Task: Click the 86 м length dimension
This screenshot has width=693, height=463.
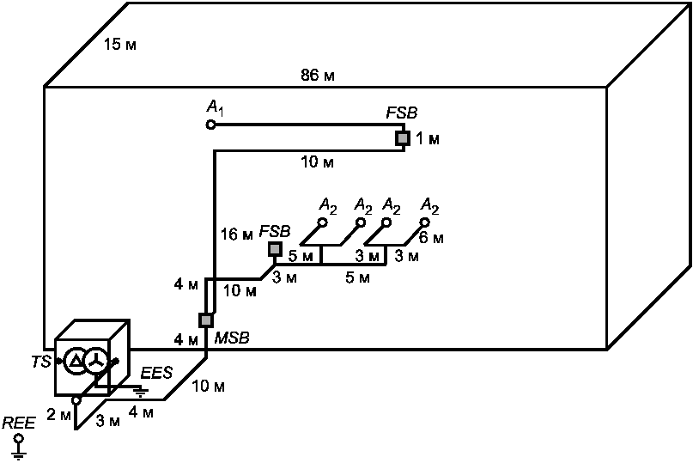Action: tap(318, 76)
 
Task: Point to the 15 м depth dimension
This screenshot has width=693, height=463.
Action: tap(119, 45)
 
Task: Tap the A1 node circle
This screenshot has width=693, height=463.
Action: tap(210, 125)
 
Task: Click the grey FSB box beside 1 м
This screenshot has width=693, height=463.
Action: tap(402, 138)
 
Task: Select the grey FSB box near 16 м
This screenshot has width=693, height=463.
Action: tap(275, 249)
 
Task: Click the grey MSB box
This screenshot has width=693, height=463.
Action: tap(206, 320)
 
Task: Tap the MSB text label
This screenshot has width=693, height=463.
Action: tap(232, 338)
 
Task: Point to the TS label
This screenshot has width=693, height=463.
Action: tap(40, 362)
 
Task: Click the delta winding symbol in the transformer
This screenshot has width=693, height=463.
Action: tap(76, 362)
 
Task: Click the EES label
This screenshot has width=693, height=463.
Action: tap(156, 373)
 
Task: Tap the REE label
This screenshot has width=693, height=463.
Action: tap(19, 423)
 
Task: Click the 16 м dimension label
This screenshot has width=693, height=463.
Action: tap(236, 234)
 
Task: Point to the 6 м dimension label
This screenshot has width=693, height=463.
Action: tap(431, 238)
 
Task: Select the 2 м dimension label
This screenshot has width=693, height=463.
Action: tap(58, 415)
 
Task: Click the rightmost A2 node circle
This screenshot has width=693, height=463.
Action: tap(425, 222)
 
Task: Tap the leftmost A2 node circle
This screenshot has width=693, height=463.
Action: tap(323, 222)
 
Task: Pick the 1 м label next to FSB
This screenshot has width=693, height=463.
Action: tap(427, 139)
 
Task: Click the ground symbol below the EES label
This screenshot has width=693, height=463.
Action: tap(141, 392)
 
